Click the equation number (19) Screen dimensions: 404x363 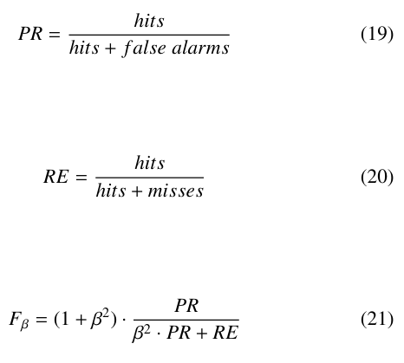(377, 34)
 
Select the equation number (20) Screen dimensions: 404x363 (377, 177)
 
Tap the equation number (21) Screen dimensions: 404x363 (377, 320)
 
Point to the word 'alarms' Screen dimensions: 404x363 (200, 48)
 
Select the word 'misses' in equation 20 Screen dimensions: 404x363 (176, 191)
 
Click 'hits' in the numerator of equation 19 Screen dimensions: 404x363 (149, 21)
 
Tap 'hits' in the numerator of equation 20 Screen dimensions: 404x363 (150, 163)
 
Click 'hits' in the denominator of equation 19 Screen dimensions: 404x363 (84, 48)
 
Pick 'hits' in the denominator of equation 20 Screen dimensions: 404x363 (111, 191)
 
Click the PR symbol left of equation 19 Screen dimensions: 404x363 (30, 34)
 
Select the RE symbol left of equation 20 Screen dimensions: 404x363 (56, 177)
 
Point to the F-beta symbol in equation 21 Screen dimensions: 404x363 (19, 320)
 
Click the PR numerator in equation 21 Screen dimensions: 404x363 (186, 306)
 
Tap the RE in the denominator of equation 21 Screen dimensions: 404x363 (225, 333)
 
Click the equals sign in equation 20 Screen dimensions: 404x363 (81, 177)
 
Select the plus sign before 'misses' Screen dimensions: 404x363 (137, 191)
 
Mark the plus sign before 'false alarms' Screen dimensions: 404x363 (110, 49)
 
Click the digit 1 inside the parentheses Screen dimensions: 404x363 (66, 319)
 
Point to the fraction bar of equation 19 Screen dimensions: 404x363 (149, 35)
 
